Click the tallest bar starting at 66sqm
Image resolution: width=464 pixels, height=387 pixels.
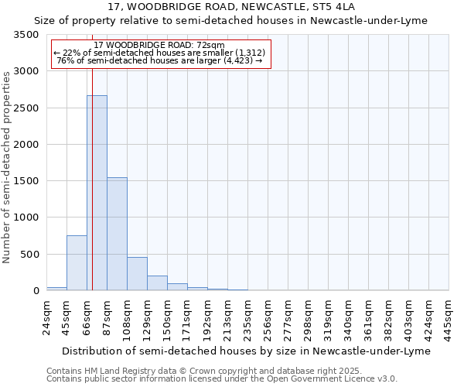click(x=97, y=193)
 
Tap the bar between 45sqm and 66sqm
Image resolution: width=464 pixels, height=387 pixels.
click(x=77, y=263)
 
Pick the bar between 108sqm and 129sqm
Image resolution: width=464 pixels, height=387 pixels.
click(x=137, y=274)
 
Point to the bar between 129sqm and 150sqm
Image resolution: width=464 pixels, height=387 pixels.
click(x=157, y=283)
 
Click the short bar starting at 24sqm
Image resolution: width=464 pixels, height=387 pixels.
click(x=56, y=289)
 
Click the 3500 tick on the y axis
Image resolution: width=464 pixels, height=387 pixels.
click(x=26, y=36)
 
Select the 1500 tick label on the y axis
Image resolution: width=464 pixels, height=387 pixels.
click(x=26, y=181)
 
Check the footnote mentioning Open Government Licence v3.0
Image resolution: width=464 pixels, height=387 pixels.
click(x=222, y=379)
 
